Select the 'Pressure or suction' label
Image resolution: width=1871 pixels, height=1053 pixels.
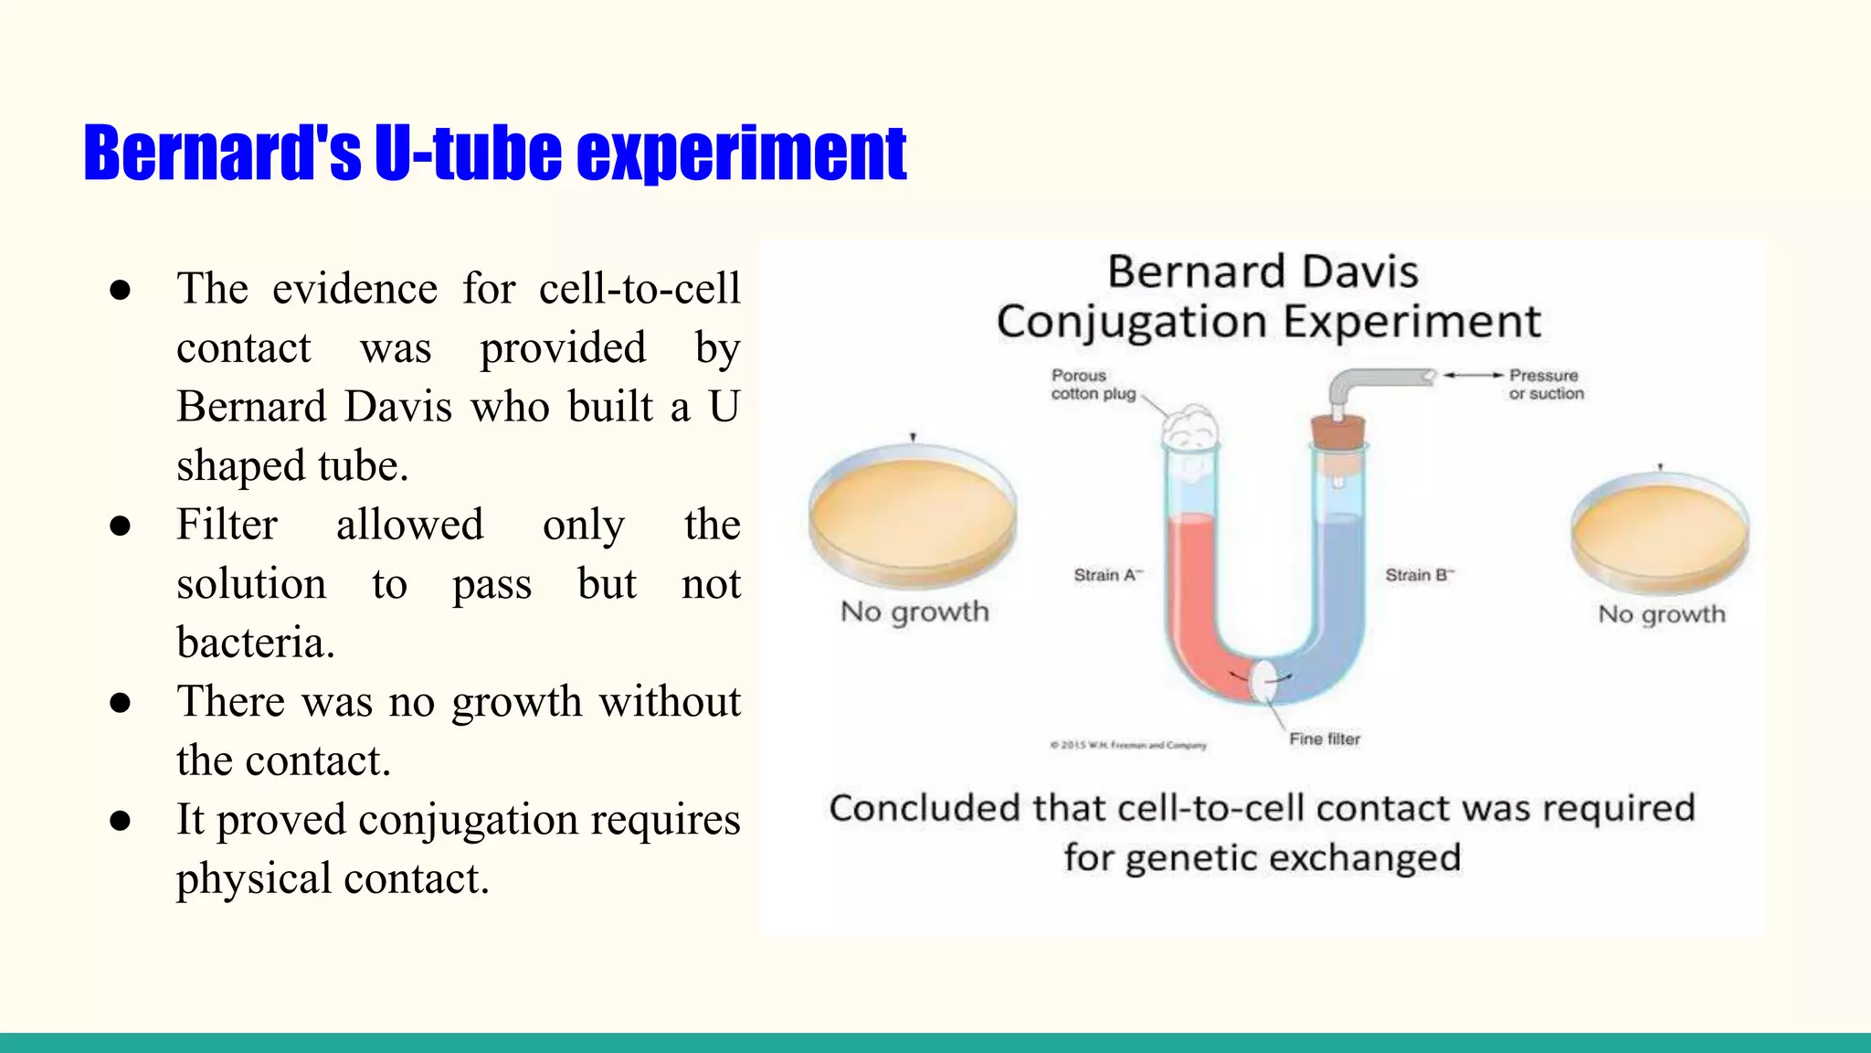(x=1546, y=385)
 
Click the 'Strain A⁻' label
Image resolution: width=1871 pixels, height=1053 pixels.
(x=1107, y=575)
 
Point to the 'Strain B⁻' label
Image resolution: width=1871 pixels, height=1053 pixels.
(x=1419, y=575)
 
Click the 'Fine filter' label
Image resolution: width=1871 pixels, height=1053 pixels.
(x=1324, y=739)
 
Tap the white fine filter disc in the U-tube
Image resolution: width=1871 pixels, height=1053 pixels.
(x=1263, y=681)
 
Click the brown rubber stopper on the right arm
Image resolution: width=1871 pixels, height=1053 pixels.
(x=1338, y=432)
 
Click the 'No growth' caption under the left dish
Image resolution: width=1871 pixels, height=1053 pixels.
(x=914, y=612)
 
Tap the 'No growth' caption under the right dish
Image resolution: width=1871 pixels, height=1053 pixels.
(x=1661, y=614)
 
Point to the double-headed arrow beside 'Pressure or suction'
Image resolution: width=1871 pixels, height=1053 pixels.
(x=1473, y=375)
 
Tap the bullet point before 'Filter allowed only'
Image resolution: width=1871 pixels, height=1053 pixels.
(x=120, y=526)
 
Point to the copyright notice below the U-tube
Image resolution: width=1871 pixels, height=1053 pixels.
(x=1128, y=745)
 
